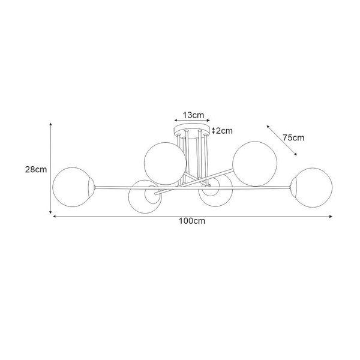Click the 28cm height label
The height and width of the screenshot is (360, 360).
[x=36, y=169]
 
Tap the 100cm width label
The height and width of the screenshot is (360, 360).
[x=192, y=221]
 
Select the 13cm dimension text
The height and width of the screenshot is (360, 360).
[x=193, y=115]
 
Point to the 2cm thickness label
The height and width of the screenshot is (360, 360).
[x=224, y=131]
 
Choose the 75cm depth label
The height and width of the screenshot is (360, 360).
[x=293, y=137]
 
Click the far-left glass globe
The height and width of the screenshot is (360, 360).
[x=53, y=187]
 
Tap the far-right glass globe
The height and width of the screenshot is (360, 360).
[x=332, y=187]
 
